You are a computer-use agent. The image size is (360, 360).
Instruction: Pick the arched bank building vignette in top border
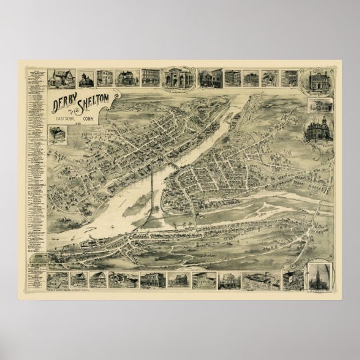[177, 77]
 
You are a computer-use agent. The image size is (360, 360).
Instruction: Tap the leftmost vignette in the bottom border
[57, 279]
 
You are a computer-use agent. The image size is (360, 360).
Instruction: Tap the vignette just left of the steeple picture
[293, 279]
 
